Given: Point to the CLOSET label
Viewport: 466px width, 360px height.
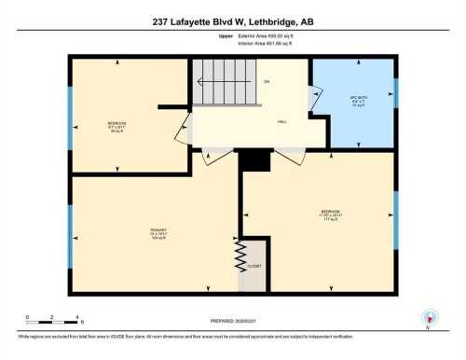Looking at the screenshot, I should pyautogui.click(x=254, y=266).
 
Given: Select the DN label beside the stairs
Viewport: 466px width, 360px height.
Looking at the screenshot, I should pyautogui.click(x=267, y=82).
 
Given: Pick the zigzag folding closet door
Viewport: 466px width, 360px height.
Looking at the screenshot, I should pyautogui.click(x=240, y=253).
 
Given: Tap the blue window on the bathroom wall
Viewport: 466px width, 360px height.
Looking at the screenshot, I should pyautogui.click(x=395, y=91).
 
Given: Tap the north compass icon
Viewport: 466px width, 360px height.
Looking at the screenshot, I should pyautogui.click(x=428, y=317).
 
